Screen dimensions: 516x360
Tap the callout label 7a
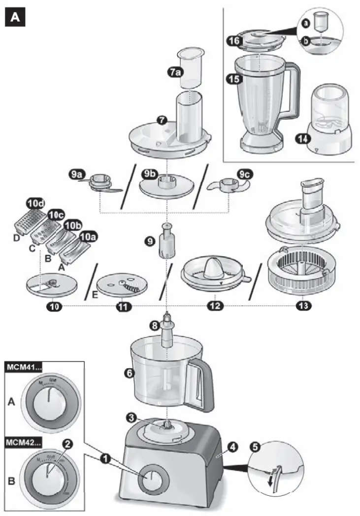point(175,71)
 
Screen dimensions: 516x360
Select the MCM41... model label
point(24,367)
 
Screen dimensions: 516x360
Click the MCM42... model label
point(24,441)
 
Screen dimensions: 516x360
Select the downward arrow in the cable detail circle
point(270,480)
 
